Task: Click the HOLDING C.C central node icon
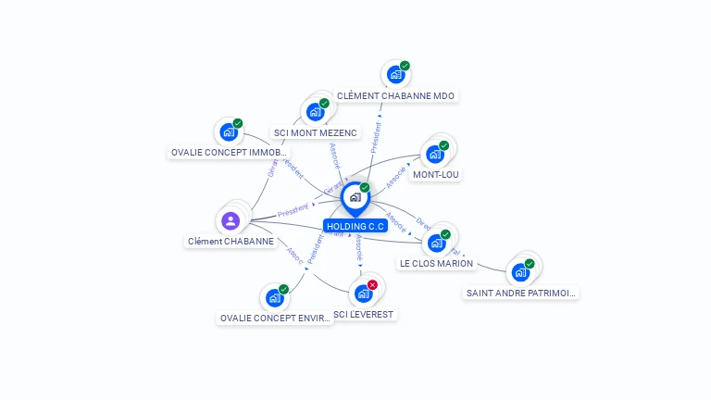[354, 197]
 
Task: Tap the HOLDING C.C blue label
[355, 226]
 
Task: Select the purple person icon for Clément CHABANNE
[231, 220]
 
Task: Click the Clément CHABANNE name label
[231, 241]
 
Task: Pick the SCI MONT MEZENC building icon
[315, 112]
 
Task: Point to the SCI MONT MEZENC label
[316, 132]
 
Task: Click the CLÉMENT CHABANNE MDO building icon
[395, 74]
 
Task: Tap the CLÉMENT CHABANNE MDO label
[396, 95]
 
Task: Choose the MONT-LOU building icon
[434, 154]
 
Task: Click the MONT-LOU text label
[436, 174]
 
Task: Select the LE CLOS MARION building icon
[436, 244]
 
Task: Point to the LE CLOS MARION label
[436, 263]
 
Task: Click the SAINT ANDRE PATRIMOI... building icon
[520, 272]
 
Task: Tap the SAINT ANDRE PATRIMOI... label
[521, 293]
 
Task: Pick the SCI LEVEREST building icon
[363, 294]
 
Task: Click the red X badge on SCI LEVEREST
[372, 285]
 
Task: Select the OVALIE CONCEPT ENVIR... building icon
[274, 298]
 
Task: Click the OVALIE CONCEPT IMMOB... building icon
[229, 131]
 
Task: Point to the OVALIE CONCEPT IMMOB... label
[230, 152]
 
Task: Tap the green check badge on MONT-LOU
[443, 145]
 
